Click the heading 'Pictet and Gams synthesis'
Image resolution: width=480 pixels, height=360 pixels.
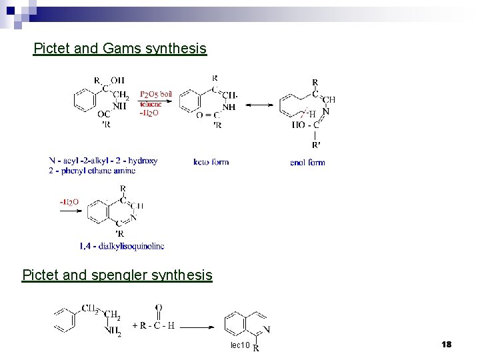[120, 49]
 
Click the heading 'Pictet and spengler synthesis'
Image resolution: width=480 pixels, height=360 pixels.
[117, 275]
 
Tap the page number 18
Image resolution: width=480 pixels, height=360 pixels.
[446, 344]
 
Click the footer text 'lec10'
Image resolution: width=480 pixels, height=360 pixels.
[240, 345]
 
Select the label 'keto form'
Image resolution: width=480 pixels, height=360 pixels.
[211, 162]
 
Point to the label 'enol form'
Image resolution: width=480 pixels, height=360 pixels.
[307, 162]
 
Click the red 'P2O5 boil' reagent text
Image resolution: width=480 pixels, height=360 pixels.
[155, 94]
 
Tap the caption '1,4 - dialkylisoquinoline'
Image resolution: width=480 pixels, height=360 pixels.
[122, 246]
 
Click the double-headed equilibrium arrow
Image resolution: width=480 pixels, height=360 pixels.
[261, 105]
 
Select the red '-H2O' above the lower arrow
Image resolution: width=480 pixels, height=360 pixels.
[69, 201]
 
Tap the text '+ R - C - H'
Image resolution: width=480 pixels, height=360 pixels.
[153, 326]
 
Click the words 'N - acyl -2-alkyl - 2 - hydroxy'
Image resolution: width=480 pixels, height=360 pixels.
[103, 161]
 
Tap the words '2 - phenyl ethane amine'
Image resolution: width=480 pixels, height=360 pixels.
[92, 171]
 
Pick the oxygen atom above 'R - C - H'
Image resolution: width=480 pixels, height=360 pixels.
[158, 307]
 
